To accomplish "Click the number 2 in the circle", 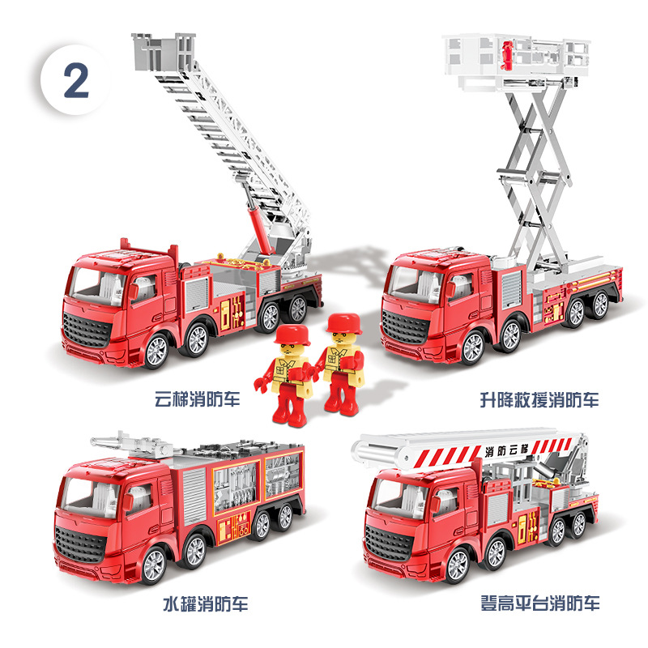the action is click(76, 81).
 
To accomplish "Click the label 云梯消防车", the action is click(197, 399).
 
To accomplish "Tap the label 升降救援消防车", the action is click(539, 399).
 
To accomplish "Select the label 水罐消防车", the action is click(206, 603).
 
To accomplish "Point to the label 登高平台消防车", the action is click(539, 603).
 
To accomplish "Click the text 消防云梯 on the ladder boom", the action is click(507, 450).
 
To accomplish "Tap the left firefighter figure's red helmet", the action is click(292, 335).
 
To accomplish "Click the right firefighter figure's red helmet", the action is click(344, 322).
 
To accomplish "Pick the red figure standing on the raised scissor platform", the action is click(506, 55).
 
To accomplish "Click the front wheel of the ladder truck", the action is click(156, 351).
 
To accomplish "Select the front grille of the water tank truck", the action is click(80, 545).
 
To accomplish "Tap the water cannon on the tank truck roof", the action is click(131, 443).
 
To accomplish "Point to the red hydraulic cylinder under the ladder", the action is click(260, 231).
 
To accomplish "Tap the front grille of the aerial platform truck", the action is click(389, 544).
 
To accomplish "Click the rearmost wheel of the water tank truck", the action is click(284, 518).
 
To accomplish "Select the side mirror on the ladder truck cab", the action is click(134, 292).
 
